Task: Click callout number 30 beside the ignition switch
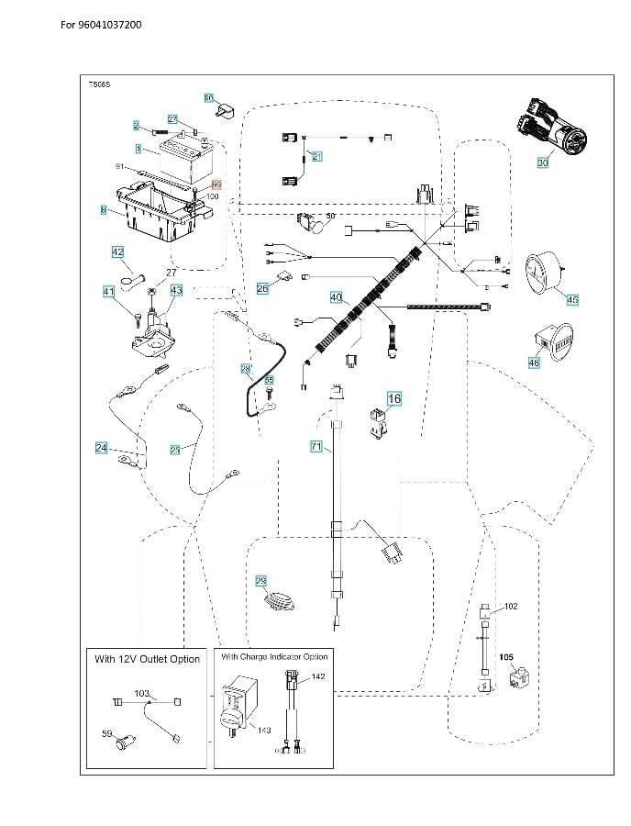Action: pos(543,162)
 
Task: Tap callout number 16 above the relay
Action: pos(394,399)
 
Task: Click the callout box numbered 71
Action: pos(316,447)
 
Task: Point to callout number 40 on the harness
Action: pos(336,297)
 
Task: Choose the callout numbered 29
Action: pos(260,581)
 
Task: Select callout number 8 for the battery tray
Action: pos(104,210)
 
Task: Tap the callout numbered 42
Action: pos(117,251)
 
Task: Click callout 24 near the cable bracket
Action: pos(101,448)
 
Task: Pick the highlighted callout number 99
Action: pos(204,184)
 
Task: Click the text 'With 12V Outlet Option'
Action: pos(147,660)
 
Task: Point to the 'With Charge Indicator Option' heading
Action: pos(274,656)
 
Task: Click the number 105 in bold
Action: pos(506,658)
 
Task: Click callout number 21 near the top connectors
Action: pos(317,156)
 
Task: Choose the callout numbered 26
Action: pos(262,288)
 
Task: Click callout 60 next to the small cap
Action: pos(208,97)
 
